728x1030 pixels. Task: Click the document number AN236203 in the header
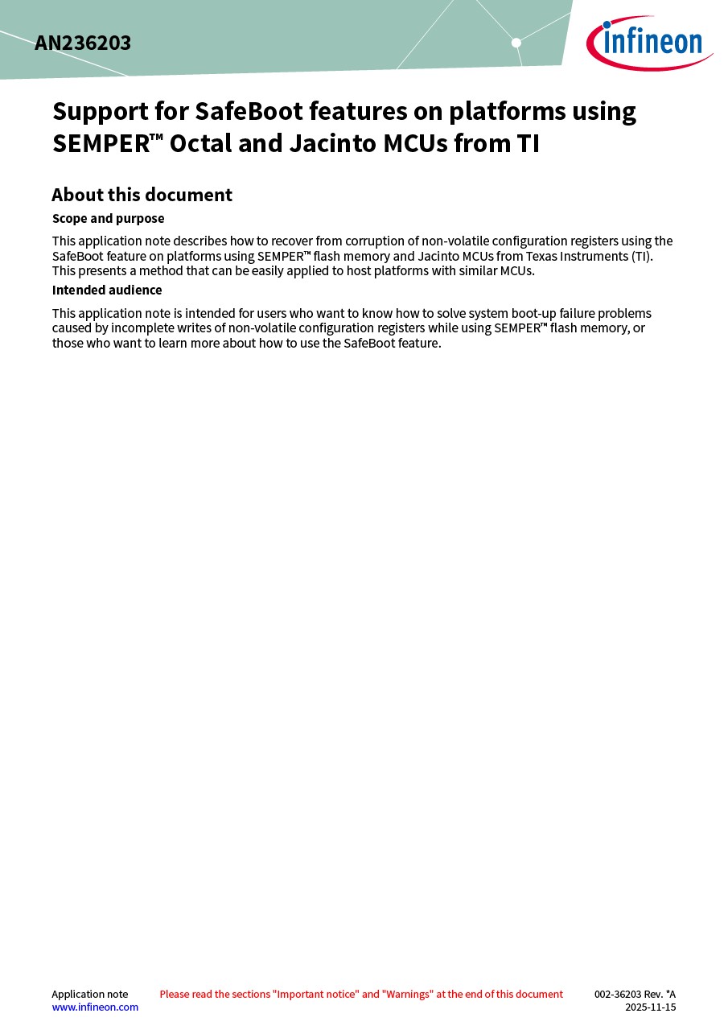click(x=83, y=43)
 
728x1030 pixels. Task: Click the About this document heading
click(x=142, y=195)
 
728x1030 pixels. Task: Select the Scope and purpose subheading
click(x=108, y=219)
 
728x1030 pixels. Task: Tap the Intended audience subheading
click(x=107, y=290)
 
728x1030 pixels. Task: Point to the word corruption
click(x=374, y=241)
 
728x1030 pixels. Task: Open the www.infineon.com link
click(x=95, y=1007)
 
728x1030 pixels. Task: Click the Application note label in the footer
click(x=89, y=995)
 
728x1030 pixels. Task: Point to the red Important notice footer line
click(x=361, y=995)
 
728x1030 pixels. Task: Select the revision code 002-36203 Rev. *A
click(x=635, y=995)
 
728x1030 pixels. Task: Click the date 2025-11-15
click(x=650, y=1007)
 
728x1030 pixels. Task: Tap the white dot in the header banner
click(x=516, y=43)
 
